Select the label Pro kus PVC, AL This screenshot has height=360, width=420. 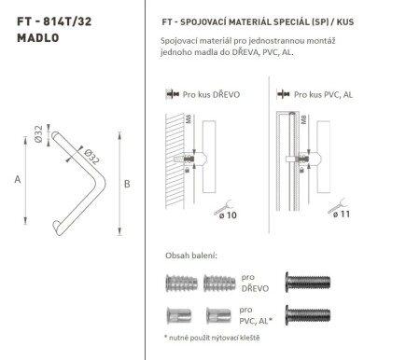(323, 94)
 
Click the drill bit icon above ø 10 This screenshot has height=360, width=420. (226, 201)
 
